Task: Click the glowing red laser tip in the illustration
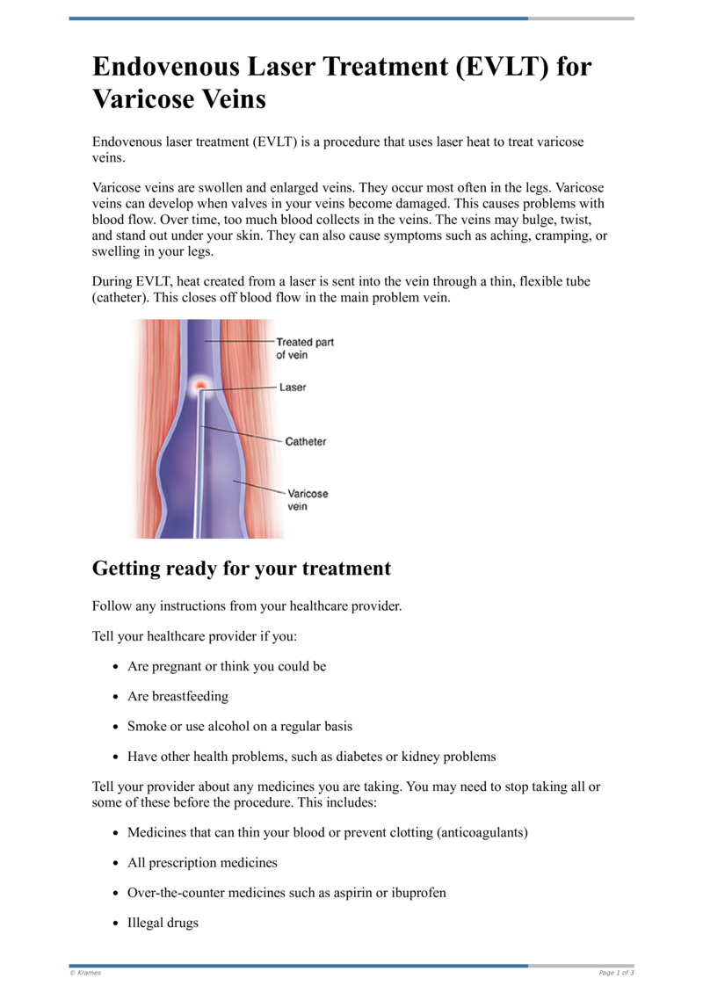(200, 386)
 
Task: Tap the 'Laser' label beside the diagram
(293, 387)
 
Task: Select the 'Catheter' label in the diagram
(305, 441)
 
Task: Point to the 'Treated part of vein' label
(304, 348)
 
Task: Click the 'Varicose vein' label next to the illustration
(307, 500)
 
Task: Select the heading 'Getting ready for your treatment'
(242, 569)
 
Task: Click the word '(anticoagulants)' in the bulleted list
(482, 831)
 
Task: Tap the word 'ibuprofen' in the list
(415, 893)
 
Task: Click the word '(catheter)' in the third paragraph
(120, 297)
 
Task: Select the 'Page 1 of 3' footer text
(616, 973)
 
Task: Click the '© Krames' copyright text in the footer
(85, 973)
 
